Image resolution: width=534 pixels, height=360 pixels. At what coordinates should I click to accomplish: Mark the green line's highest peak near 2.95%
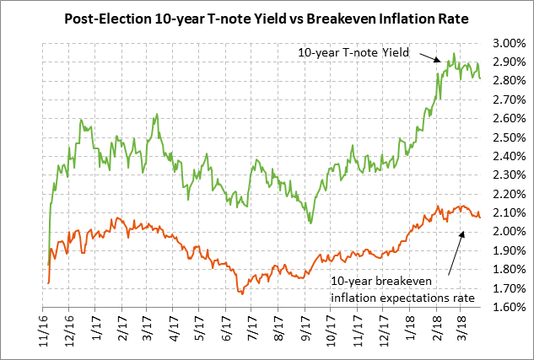pyautogui.click(x=454, y=54)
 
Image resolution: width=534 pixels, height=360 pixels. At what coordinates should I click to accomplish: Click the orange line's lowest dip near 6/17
pyautogui.click(x=241, y=293)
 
